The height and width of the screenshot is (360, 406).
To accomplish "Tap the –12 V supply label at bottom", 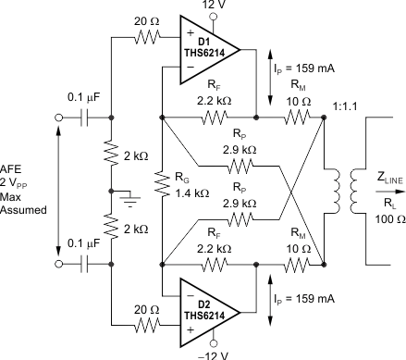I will pyautogui.click(x=212, y=354).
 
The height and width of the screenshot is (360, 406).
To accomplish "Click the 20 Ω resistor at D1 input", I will pyautogui.click(x=147, y=38).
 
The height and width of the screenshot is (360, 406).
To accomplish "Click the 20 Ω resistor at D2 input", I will pyautogui.click(x=147, y=325).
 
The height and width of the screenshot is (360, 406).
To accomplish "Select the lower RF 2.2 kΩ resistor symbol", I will pyautogui.click(x=215, y=264).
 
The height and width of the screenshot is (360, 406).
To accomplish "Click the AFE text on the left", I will pyautogui.click(x=19, y=167).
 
